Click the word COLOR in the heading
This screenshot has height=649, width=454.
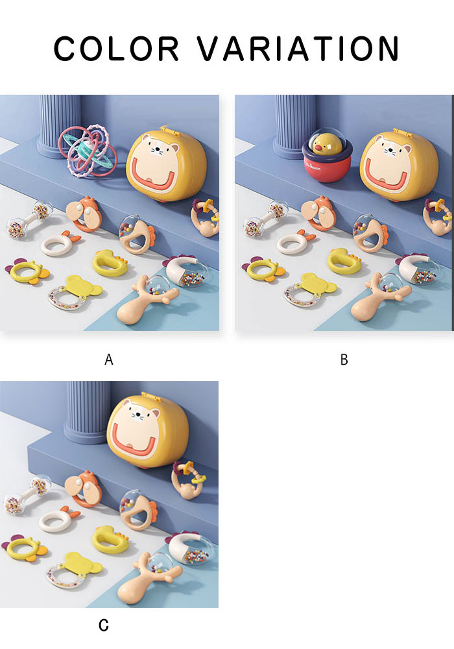point(116,49)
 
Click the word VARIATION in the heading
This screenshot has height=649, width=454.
point(298,49)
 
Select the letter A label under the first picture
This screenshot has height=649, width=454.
point(109,360)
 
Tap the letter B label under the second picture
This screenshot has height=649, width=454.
point(344,360)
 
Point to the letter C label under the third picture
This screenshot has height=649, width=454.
point(104,624)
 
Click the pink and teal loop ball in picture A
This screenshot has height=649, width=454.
point(88,151)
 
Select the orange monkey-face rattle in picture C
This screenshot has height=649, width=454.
point(84,489)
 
